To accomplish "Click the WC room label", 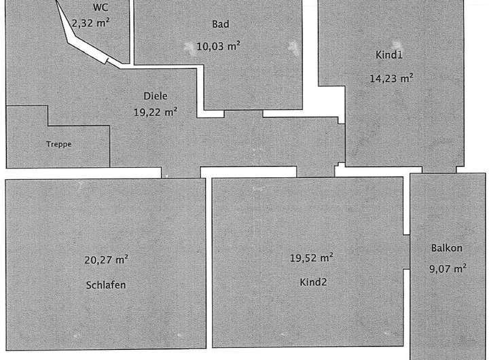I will point(101,8).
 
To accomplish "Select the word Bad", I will point(220,24).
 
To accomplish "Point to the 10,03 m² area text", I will point(218,46).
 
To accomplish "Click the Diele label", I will point(155,96).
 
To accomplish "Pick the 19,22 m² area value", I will point(155,113).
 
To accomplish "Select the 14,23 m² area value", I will point(391,77).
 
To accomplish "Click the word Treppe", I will point(58,144).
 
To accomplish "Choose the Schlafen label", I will point(106,285).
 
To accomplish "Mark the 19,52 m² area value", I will point(311,257).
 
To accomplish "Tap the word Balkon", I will point(446,248).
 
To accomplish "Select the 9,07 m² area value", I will point(448,269).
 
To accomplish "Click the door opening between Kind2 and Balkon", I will point(407,252).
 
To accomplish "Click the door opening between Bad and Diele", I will point(242,113).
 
